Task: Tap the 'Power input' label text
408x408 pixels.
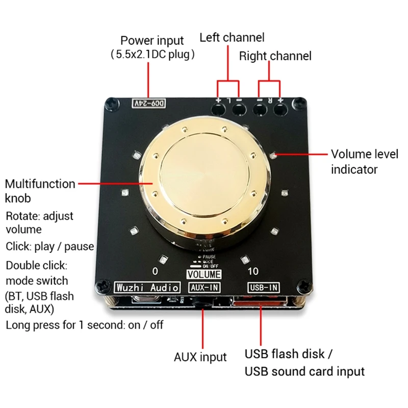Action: (x=152, y=40)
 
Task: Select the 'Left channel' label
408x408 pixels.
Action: (x=232, y=37)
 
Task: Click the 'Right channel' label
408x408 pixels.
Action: (x=275, y=56)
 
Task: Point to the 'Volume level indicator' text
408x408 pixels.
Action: (x=364, y=161)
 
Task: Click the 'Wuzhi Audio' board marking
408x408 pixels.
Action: (x=147, y=287)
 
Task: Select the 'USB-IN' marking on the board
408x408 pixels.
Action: (x=264, y=287)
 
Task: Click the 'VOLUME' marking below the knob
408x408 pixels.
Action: (x=204, y=274)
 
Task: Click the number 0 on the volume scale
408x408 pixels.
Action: (x=155, y=270)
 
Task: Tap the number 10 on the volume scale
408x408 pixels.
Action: (x=253, y=270)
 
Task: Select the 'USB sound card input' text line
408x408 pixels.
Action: (x=304, y=371)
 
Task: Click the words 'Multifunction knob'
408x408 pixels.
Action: (x=40, y=190)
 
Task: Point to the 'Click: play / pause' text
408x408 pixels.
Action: (x=50, y=247)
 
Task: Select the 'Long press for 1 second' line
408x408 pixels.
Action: (x=85, y=325)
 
